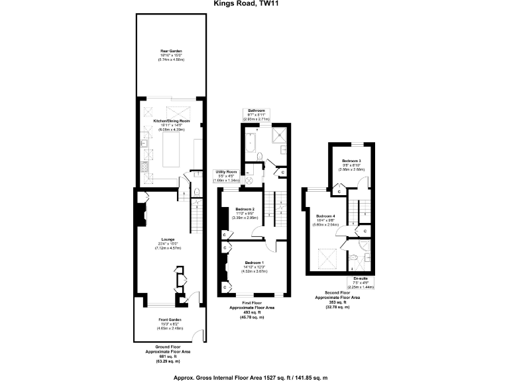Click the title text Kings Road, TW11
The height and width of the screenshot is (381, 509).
pos(254,3)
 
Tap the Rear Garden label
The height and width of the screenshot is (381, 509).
pos(170,51)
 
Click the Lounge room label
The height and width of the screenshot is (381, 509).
pos(168,239)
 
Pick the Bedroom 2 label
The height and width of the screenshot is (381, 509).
pos(245,210)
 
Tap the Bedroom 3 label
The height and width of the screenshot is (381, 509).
pos(352,161)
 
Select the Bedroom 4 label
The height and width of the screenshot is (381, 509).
pos(325,216)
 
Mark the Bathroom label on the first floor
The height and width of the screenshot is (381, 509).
pos(256,110)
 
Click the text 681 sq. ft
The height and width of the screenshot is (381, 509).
pos(168,356)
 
